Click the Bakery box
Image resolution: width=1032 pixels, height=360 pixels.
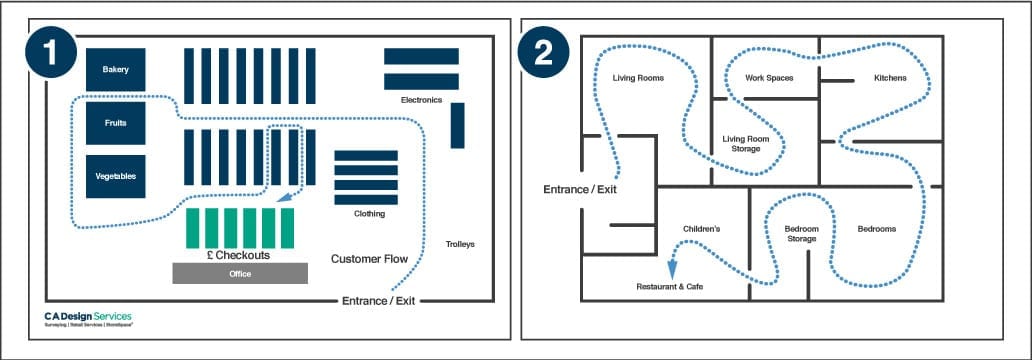pos(116,69)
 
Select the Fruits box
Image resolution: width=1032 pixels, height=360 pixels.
pos(116,123)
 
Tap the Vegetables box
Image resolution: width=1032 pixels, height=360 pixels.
pos(116,176)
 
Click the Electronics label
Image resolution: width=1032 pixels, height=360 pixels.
pos(421,100)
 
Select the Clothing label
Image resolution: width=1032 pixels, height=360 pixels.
pos(369,213)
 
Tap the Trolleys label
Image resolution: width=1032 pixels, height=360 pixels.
pos(460,244)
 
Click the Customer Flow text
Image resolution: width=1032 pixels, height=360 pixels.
pos(369,259)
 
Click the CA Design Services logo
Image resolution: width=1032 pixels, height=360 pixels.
pos(88,319)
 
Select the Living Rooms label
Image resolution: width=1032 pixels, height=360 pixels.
pos(638,77)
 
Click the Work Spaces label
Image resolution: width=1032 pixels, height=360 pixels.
pos(769,77)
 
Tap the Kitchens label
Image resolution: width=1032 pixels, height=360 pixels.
pos(890,77)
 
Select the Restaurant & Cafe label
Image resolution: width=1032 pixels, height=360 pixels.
pos(670,287)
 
